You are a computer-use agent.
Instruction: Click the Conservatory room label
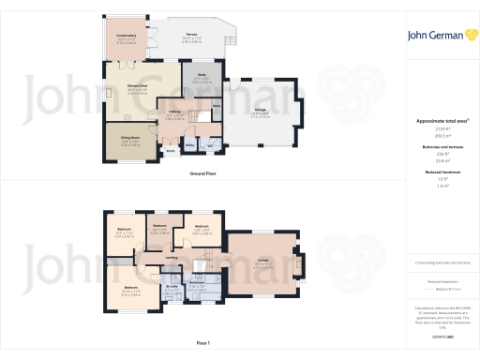[x=126, y=38]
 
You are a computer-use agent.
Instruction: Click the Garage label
[x=260, y=112]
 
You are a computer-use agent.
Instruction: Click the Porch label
[x=172, y=149]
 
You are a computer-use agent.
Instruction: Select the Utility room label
[x=189, y=145]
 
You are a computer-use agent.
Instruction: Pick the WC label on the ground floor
[x=210, y=145]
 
